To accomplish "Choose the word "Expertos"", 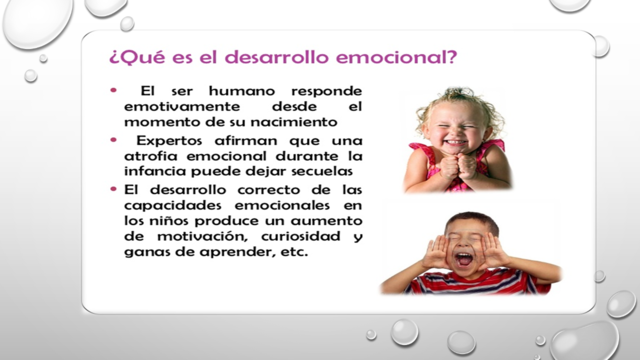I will pos(174,140).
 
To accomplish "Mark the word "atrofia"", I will pos(154,156).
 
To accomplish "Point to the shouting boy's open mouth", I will pos(467,258).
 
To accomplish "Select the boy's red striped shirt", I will pos(467,284).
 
